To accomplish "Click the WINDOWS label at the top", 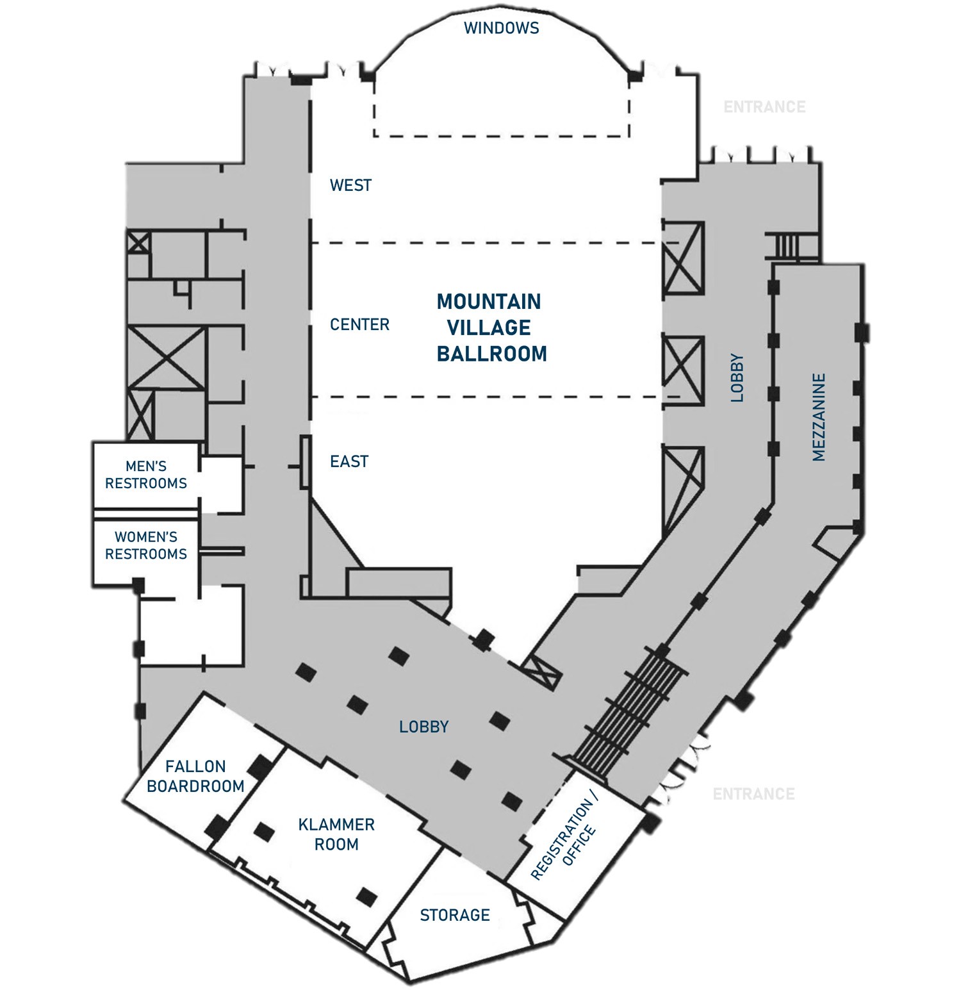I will tap(501, 28).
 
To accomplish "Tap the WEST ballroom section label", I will tap(350, 185).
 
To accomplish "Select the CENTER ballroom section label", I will tap(359, 325).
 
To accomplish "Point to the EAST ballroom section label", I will tap(349, 461).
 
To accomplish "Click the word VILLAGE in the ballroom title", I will tap(489, 327).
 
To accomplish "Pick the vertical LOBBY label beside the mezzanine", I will tap(737, 378).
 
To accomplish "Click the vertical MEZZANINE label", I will tap(819, 417).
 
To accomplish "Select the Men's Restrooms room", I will tap(146, 475).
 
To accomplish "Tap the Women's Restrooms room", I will tap(146, 546).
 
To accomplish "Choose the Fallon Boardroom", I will tap(195, 776).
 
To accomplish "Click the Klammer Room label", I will tap(336, 834).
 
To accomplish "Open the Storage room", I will tap(455, 915).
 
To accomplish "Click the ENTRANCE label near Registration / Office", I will tap(753, 795).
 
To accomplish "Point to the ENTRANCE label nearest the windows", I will tap(764, 107).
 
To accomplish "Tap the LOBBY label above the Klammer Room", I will tap(423, 727).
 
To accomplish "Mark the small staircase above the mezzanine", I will tap(785, 245).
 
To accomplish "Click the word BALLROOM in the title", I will tap(492, 354).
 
